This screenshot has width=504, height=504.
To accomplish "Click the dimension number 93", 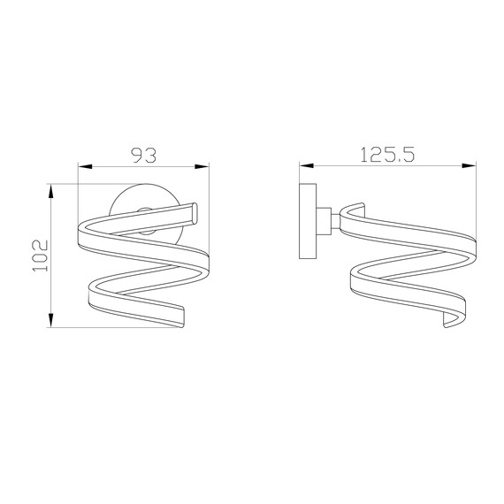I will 143,155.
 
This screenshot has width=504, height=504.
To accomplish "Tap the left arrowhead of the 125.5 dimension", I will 303,164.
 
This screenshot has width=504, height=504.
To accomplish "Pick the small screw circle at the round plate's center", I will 144,213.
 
